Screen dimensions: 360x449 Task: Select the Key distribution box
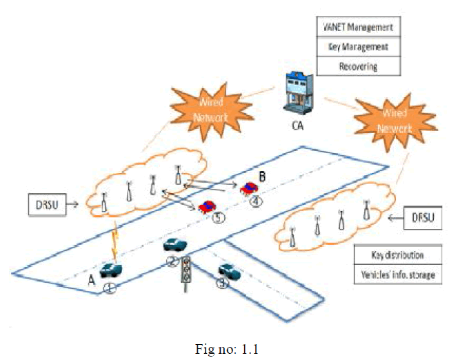click(x=397, y=255)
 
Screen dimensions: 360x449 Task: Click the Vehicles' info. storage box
click(x=397, y=274)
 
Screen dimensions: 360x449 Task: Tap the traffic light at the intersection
click(x=186, y=272)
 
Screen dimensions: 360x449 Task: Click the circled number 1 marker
click(x=110, y=288)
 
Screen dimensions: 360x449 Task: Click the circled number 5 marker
click(x=217, y=219)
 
